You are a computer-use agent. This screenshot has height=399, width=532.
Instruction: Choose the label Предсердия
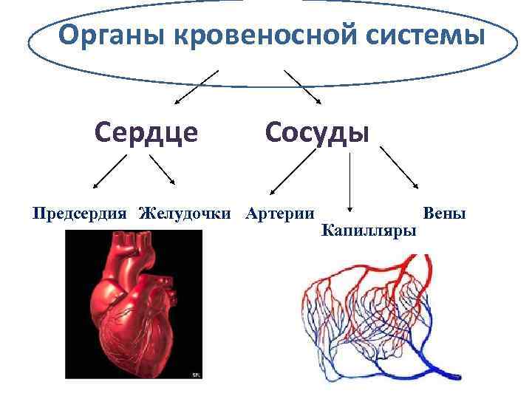81,214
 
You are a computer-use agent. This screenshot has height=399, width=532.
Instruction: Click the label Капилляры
369,231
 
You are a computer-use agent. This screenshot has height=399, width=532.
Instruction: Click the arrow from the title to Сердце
196,87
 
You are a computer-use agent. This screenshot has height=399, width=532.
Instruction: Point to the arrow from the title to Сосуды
303,87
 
